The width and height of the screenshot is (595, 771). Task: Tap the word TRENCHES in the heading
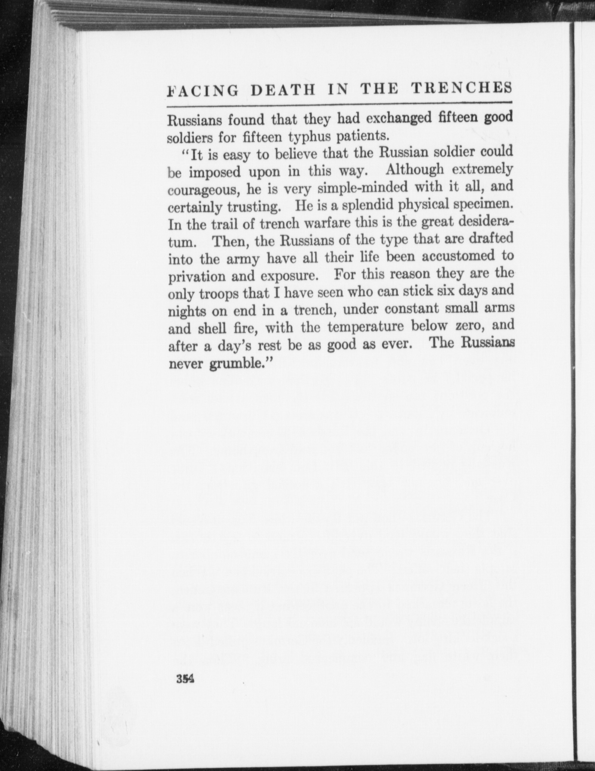(x=461, y=88)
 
